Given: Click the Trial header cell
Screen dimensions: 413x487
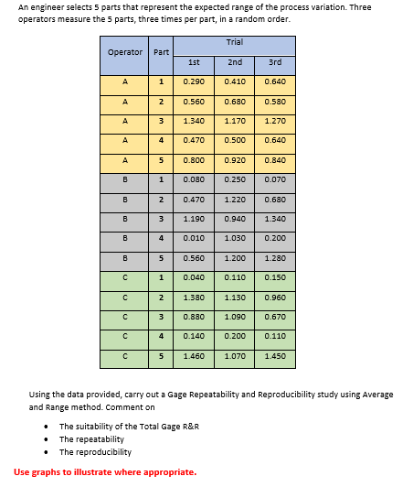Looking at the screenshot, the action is pyautogui.click(x=234, y=43).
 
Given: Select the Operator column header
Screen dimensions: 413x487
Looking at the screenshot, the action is pyautogui.click(x=125, y=52).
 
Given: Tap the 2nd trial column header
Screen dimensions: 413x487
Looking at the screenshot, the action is pyautogui.click(x=234, y=62).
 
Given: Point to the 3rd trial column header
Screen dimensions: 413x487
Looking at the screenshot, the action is pyautogui.click(x=275, y=62).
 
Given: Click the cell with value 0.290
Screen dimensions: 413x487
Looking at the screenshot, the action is pyautogui.click(x=193, y=82).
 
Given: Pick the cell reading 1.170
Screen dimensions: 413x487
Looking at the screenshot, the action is pyautogui.click(x=234, y=120).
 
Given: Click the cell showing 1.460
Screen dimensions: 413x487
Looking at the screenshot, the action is pyautogui.click(x=193, y=355).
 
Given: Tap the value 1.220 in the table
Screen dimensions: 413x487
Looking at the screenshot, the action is pyautogui.click(x=234, y=199).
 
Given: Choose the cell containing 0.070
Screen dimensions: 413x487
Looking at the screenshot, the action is pyautogui.click(x=275, y=179).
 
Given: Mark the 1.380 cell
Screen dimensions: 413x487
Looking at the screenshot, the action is pyautogui.click(x=193, y=298).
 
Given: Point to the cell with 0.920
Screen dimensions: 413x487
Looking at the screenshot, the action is pyautogui.click(x=234, y=159).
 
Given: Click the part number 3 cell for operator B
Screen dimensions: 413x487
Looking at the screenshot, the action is pyautogui.click(x=161, y=219).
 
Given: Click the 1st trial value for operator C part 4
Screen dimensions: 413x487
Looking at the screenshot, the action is pyautogui.click(x=193, y=336).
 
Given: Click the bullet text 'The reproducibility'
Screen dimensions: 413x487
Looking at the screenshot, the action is pyautogui.click(x=95, y=451).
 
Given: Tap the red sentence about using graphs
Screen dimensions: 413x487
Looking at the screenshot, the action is pyautogui.click(x=105, y=471).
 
